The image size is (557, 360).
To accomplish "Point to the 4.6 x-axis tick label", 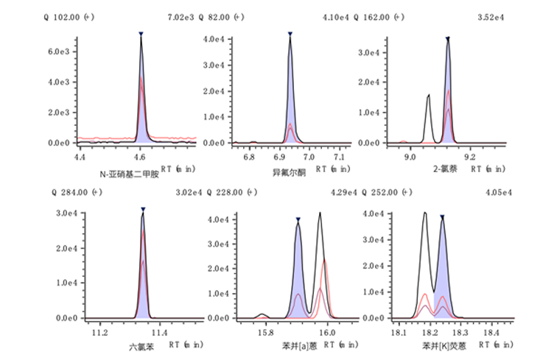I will click(x=139, y=156).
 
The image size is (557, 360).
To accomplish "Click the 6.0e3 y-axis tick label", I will click(x=58, y=52).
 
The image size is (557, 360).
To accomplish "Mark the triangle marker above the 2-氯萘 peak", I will click(x=447, y=34).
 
